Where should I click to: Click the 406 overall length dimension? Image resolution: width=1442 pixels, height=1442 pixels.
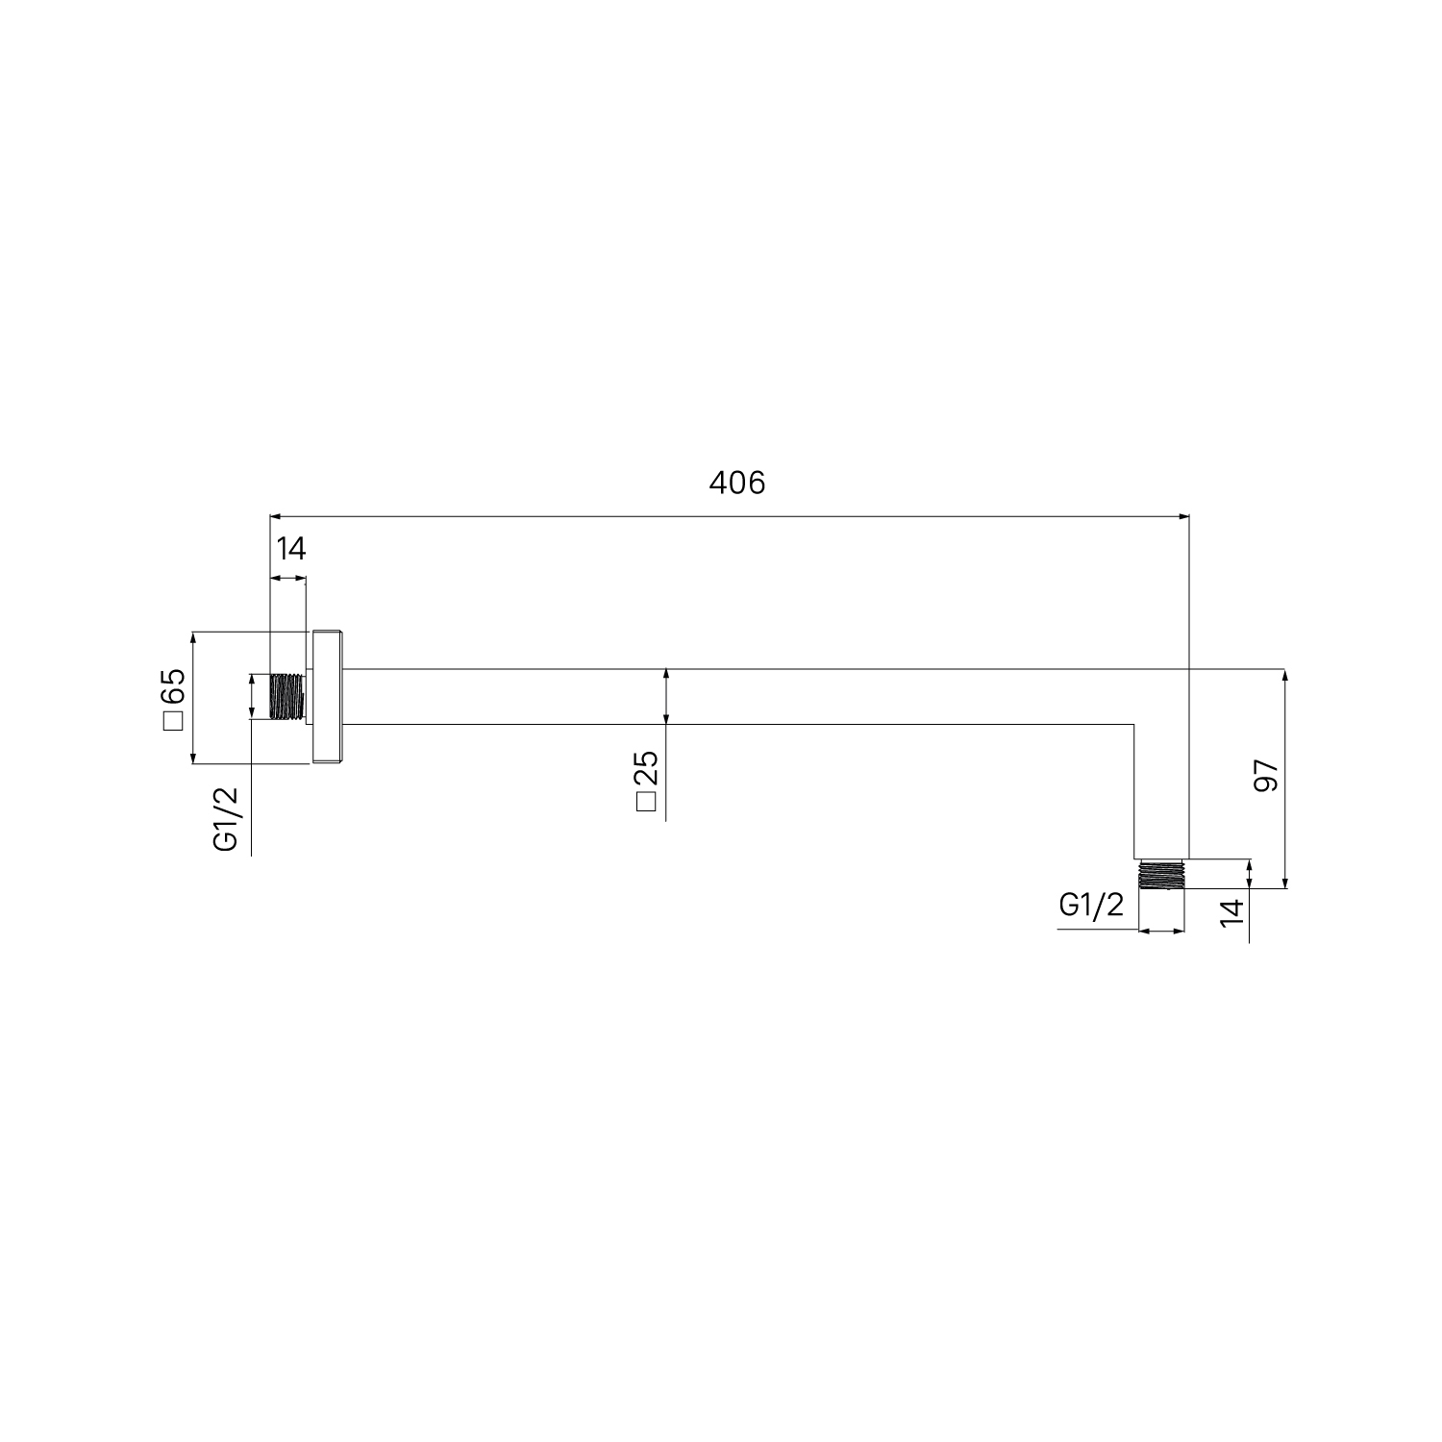[737, 483]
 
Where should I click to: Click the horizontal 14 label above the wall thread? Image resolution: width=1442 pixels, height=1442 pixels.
[290, 549]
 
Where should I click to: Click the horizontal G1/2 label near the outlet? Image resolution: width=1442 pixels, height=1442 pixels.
[1091, 905]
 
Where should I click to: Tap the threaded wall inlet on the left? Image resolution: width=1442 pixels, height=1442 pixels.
[286, 697]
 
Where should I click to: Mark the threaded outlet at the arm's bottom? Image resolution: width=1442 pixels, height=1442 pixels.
[1160, 875]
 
